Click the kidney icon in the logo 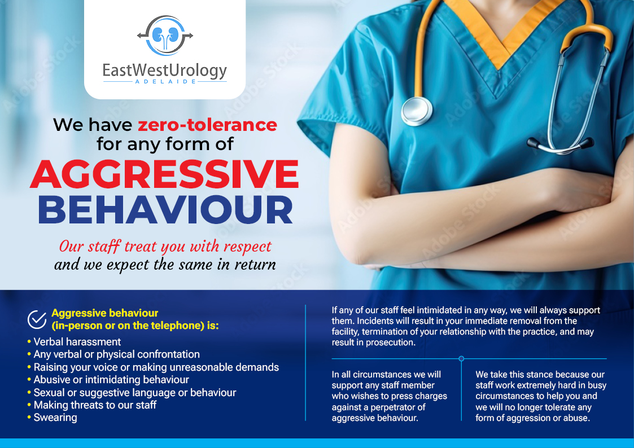click(165, 36)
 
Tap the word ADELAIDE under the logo click(165, 82)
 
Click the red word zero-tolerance click(208, 124)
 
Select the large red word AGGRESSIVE click(164, 174)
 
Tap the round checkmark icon click(37, 319)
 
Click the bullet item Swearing click(55, 418)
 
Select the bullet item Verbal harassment click(77, 342)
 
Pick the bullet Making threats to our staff click(95, 405)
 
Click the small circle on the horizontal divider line click(461, 358)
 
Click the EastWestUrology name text click(165, 71)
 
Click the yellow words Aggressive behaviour click(105, 313)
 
